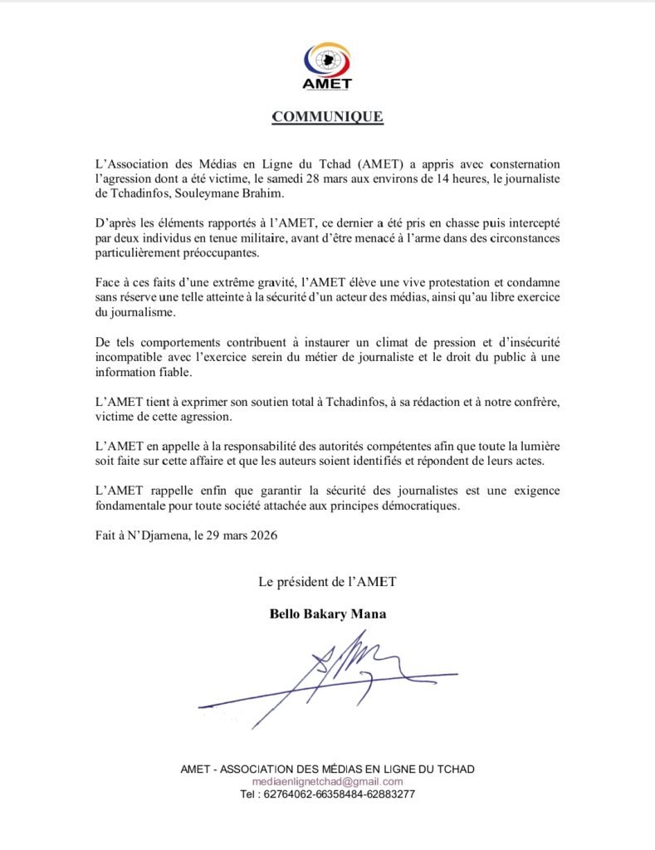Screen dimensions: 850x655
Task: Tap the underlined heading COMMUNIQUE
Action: click(327, 117)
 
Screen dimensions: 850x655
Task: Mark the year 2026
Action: click(262, 536)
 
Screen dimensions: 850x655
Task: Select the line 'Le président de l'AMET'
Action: click(327, 582)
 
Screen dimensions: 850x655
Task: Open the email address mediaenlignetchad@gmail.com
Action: click(327, 781)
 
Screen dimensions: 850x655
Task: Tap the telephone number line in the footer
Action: click(327, 794)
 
